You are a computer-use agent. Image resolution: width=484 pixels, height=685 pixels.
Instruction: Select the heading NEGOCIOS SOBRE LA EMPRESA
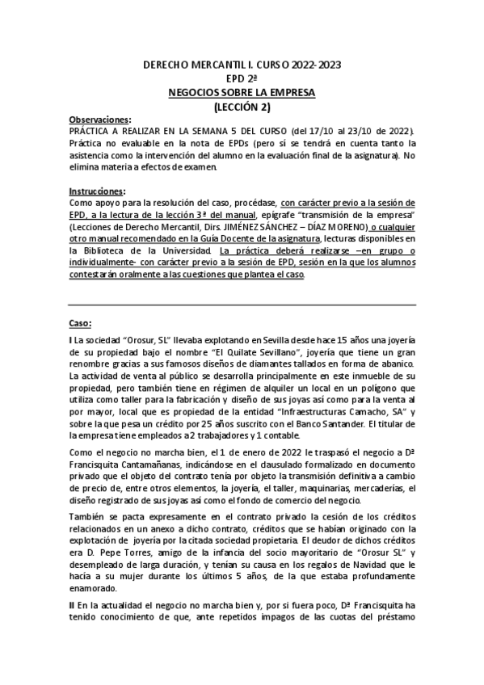point(242,92)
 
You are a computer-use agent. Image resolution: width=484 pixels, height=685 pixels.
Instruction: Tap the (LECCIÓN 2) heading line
point(242,106)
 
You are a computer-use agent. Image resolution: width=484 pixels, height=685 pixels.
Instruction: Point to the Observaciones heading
point(99,119)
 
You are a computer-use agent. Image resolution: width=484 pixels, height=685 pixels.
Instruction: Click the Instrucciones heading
point(98,191)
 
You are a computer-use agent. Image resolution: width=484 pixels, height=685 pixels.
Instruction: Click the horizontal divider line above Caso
point(242,305)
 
